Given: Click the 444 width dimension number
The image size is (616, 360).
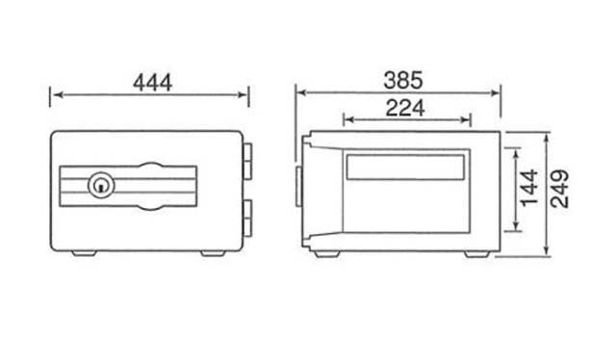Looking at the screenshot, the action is coord(152,83).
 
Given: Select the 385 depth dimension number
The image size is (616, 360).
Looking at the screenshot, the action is coord(403,80).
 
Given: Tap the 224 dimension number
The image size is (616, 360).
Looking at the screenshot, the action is coord(405,108).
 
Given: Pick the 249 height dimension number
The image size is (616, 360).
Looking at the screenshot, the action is coord(559,189).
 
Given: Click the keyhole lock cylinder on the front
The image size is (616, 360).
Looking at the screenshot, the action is coord(101,185).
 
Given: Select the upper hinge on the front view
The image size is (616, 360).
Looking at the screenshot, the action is coord(247,162).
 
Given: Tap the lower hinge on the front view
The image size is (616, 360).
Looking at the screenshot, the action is coord(247,219).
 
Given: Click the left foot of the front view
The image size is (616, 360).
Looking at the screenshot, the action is coord(84,253).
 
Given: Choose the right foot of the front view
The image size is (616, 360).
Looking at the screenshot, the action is coord(214,253).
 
